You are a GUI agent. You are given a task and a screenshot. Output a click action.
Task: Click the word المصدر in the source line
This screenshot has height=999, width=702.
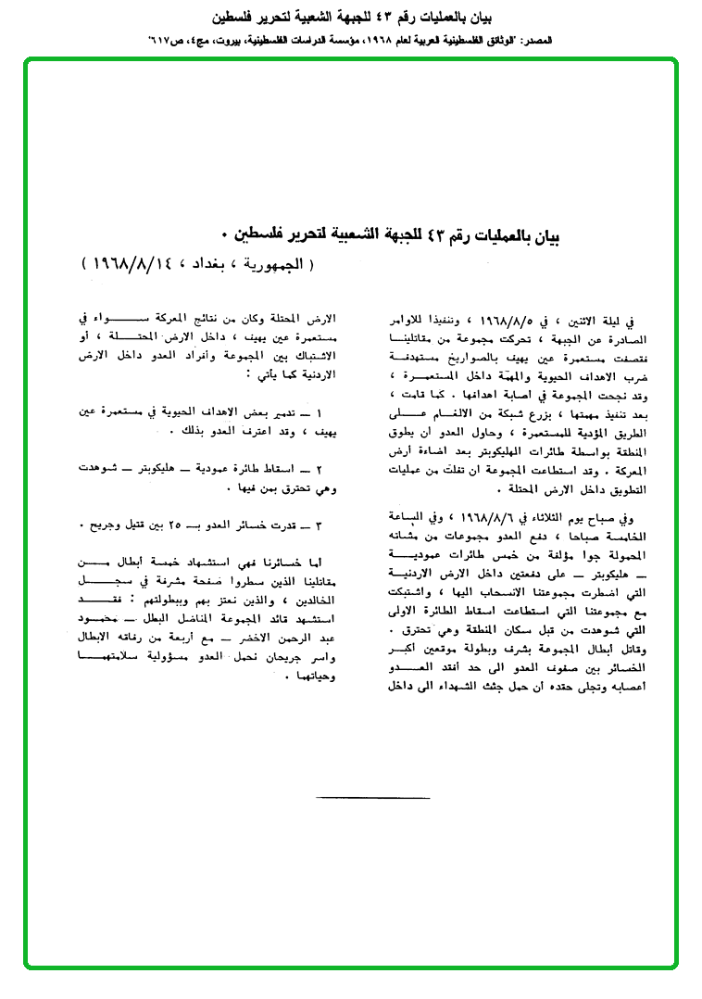536,43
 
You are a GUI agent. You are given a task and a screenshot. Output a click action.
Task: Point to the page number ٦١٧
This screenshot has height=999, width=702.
161,43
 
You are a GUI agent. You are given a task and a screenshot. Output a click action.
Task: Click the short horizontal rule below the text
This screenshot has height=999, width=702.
372,796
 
